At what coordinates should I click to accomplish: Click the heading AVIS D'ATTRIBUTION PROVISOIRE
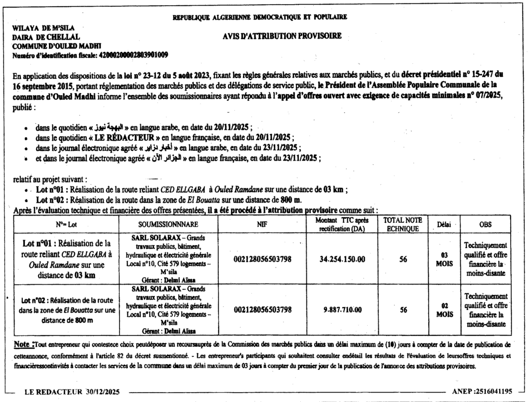click(x=282, y=36)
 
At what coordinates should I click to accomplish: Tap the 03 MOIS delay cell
click(x=444, y=259)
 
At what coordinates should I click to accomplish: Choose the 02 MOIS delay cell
click(x=444, y=310)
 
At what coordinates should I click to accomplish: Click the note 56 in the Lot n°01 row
click(x=403, y=259)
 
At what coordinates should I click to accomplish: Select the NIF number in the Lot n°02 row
click(x=262, y=310)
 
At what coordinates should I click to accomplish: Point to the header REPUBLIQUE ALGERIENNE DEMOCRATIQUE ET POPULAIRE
click(x=260, y=17)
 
